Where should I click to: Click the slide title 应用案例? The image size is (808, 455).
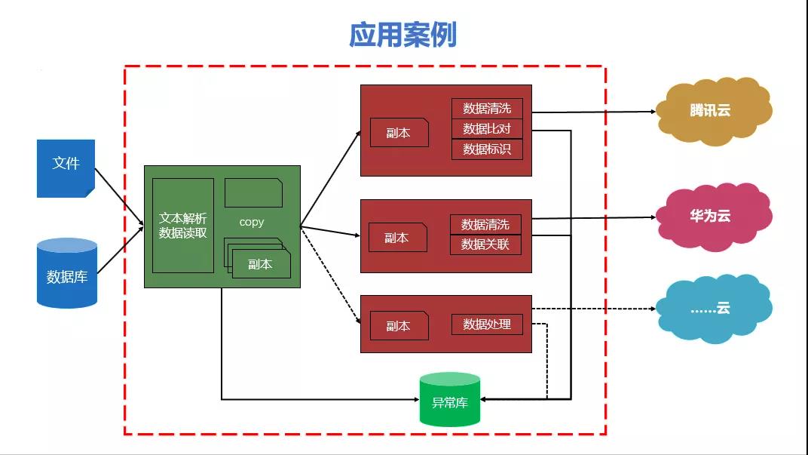(x=402, y=35)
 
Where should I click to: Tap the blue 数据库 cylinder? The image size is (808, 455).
(x=67, y=274)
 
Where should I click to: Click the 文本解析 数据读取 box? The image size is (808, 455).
(x=182, y=225)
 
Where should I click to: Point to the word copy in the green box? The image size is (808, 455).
(x=252, y=222)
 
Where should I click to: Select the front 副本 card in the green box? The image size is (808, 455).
(x=261, y=265)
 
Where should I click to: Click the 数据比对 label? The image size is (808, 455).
(x=487, y=128)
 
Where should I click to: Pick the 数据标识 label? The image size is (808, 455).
(x=487, y=149)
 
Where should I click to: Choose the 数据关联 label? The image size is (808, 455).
(x=485, y=244)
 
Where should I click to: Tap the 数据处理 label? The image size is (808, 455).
(x=487, y=324)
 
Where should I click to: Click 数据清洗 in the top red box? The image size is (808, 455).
(x=487, y=109)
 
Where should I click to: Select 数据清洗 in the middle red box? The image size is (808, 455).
(x=485, y=224)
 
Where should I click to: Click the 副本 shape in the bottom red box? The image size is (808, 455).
(x=399, y=326)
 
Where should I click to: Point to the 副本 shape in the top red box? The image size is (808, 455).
(x=399, y=133)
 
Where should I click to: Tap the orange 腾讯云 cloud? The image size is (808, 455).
(x=712, y=110)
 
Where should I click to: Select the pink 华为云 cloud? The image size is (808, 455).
(x=712, y=216)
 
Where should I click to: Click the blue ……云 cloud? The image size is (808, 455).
(x=712, y=309)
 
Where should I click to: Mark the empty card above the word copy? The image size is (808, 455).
(x=253, y=192)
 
